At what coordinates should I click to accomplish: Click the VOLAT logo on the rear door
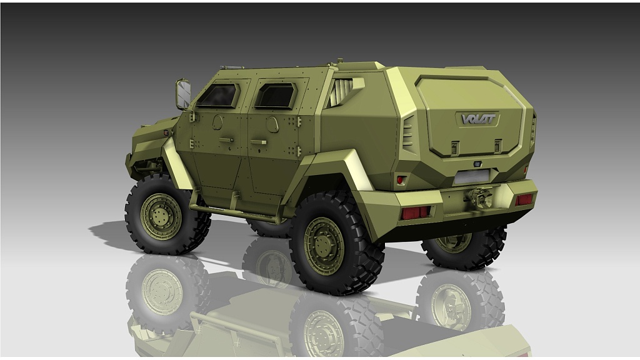pyautogui.click(x=478, y=119)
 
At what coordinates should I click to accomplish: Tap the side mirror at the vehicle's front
pyautogui.click(x=184, y=94)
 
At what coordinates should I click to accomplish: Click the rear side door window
pyautogui.click(x=276, y=96)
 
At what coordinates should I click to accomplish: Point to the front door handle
pyautogui.click(x=226, y=140)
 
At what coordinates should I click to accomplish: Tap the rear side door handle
pyautogui.click(x=258, y=142)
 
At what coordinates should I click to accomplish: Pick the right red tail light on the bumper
pyautogui.click(x=524, y=199)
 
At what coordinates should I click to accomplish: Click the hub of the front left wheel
pyautogui.click(x=161, y=216)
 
